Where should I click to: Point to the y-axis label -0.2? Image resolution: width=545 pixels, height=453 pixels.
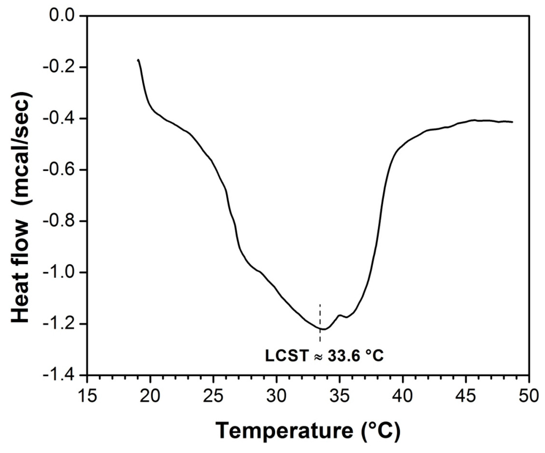point(60,67)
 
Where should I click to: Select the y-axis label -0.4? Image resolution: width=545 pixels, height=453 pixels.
point(60,118)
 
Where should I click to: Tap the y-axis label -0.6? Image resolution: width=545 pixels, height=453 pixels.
point(60,170)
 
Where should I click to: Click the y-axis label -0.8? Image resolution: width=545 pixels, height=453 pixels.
point(60,221)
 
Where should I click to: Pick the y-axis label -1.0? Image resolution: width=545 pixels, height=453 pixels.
point(60,273)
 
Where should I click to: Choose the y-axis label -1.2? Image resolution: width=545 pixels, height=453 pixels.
point(60,324)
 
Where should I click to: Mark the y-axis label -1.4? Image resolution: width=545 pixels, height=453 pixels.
point(60,375)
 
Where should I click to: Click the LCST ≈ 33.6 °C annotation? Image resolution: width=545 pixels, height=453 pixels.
point(324,355)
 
